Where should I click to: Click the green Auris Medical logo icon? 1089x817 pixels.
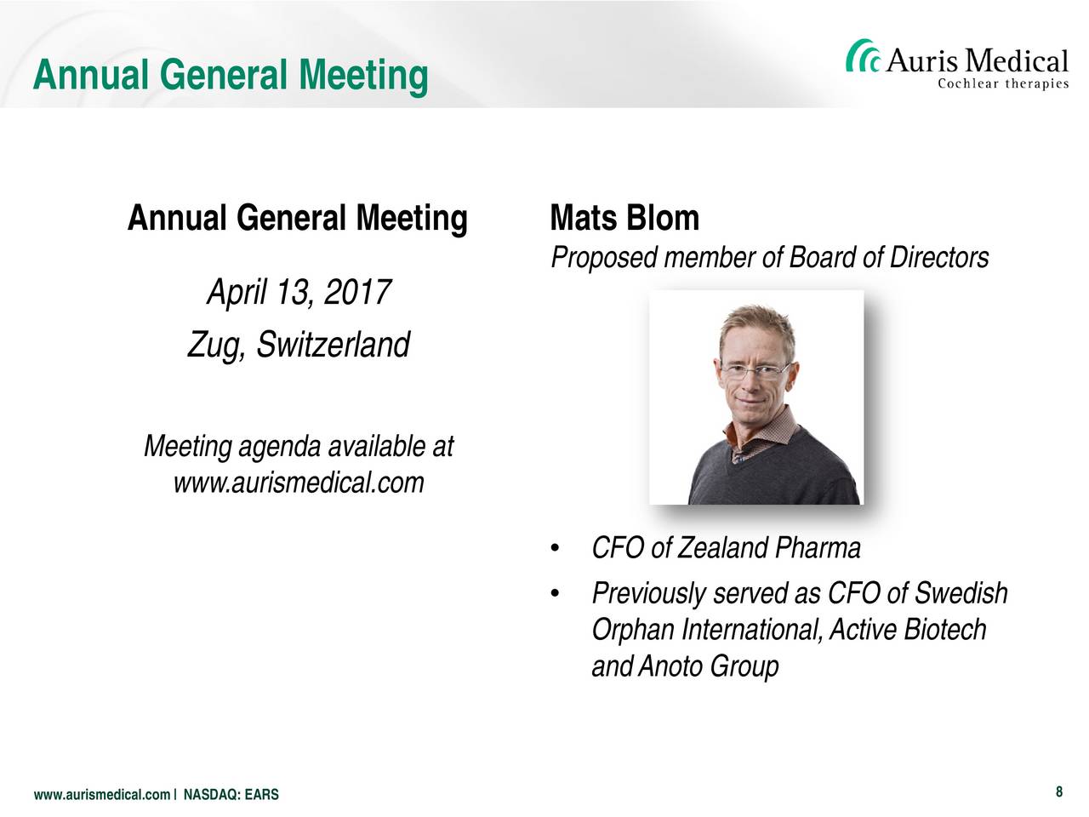point(862,56)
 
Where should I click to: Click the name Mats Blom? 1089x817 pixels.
point(624,218)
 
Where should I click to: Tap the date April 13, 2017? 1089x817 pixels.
point(299,292)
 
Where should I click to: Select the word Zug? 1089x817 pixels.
point(216,346)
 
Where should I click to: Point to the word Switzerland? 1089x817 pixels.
point(333,345)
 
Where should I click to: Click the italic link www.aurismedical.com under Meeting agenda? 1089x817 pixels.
point(299,483)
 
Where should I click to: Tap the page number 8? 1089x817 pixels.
point(1058,791)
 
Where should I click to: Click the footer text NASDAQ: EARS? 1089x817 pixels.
point(231,795)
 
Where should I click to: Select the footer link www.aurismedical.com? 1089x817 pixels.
point(102,795)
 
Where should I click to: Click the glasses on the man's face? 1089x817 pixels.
point(754,370)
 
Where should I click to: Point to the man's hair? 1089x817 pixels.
point(757,325)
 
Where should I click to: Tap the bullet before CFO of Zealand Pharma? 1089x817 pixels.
point(555,548)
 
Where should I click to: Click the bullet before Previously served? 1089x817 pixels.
point(555,593)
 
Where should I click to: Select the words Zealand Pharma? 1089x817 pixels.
point(768,547)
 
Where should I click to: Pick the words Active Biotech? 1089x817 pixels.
point(908,629)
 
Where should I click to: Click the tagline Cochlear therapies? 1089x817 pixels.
point(1003,83)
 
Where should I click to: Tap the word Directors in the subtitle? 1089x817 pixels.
point(938,258)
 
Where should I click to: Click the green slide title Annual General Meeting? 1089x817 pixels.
point(231,76)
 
